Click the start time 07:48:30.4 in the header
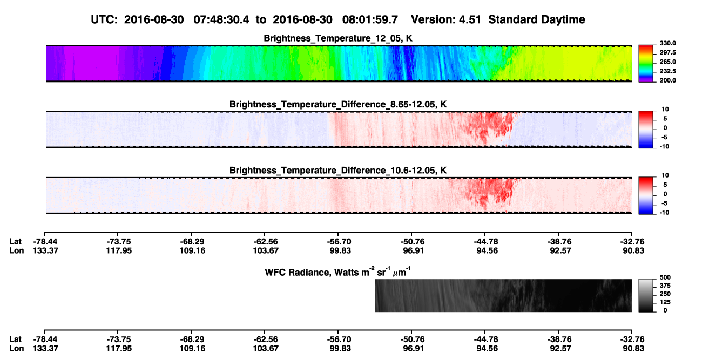coord(221,19)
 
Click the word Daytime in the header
coord(563,20)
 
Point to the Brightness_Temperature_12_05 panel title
coord(338,38)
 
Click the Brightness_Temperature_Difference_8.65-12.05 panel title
coord(338,104)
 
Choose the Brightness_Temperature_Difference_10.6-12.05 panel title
coord(338,171)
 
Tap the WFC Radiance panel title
coord(338,272)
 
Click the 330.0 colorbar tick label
coord(667,43)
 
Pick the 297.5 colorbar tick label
coord(667,52)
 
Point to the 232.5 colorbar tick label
coord(667,71)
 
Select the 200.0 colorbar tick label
coord(667,80)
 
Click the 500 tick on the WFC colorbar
coord(665,277)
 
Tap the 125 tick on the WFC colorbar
coord(665,302)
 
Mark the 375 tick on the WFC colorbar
coord(665,286)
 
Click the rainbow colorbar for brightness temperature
coord(646,64)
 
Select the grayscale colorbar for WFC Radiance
coord(646,295)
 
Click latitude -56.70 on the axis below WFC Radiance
coord(339,339)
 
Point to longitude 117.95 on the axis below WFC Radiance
coord(119,349)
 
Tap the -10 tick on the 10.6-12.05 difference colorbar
coord(665,213)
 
